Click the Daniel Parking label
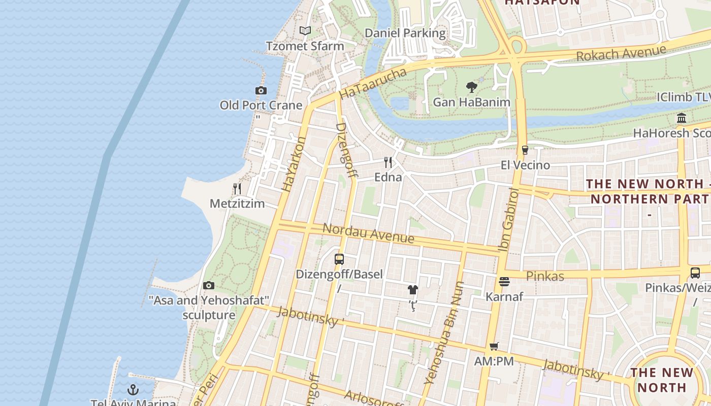tap(405, 33)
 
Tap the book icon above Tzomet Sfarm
tap(305, 31)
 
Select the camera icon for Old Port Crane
tap(261, 91)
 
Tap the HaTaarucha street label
tap(373, 84)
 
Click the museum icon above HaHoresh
tap(682, 118)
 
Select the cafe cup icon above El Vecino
tap(525, 150)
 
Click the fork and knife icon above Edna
tap(388, 162)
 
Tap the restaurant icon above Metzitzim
tap(237, 189)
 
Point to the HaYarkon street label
tap(294, 163)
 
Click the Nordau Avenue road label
tap(368, 233)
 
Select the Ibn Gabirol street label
tap(508, 219)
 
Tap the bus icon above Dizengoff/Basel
tap(339, 259)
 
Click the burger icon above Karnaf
tap(504, 281)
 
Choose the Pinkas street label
tap(545, 276)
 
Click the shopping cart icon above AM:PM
tap(494, 347)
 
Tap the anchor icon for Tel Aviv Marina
tap(133, 390)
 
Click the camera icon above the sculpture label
tap(208, 285)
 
